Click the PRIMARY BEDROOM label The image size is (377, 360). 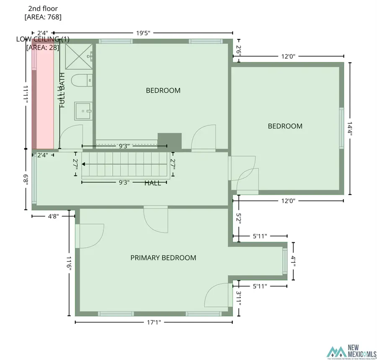pyautogui.click(x=163, y=258)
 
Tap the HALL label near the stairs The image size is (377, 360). pyautogui.click(x=152, y=183)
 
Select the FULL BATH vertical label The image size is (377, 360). pyautogui.click(x=62, y=90)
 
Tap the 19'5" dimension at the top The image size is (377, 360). pyautogui.click(x=143, y=32)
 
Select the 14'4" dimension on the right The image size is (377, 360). pyautogui.click(x=351, y=129)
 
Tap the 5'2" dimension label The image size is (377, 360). pyautogui.click(x=238, y=219)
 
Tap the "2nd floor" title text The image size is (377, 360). pyautogui.click(x=43, y=8)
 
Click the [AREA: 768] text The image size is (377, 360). pyautogui.click(x=43, y=17)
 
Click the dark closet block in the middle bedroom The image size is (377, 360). pyautogui.click(x=169, y=141)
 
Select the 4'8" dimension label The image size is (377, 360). pyautogui.click(x=53, y=216)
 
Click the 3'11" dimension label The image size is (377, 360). pyautogui.click(x=238, y=298)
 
